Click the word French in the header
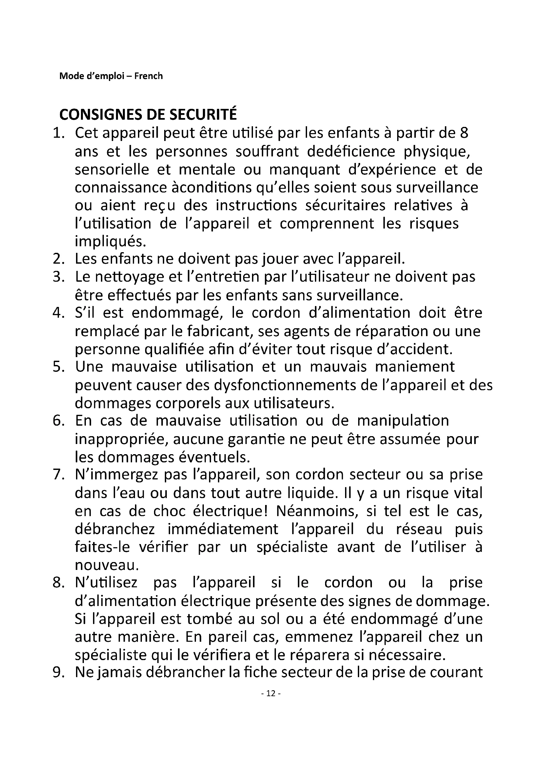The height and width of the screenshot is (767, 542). coord(148,76)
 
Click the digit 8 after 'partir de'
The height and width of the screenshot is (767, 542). coord(464,133)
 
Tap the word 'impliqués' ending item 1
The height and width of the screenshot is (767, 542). coord(110,242)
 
